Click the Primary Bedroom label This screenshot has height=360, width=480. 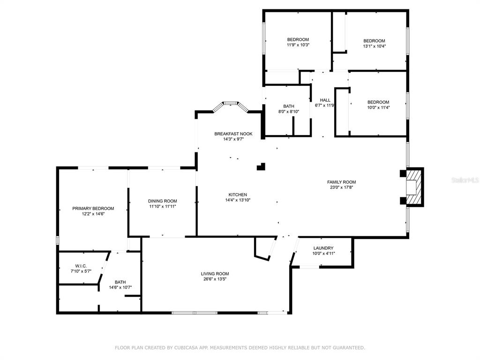pos(93,209)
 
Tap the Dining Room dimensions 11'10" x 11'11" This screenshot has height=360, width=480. pos(163,207)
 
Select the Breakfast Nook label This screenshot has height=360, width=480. pos(233,134)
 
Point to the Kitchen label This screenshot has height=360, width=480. pos(238,195)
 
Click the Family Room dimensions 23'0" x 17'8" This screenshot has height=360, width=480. pos(341,187)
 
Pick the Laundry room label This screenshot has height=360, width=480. pos(323,248)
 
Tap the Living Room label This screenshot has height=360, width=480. pos(215,274)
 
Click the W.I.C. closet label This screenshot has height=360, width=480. pos(81,266)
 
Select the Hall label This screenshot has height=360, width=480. pos(325,100)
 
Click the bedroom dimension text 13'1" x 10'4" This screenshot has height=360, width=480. pos(375,46)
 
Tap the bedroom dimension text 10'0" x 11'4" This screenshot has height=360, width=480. pos(378,107)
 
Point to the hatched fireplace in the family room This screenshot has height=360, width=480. pos(414,187)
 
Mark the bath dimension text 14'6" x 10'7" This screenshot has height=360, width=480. pos(120,287)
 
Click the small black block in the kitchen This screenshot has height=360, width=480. pos(261,166)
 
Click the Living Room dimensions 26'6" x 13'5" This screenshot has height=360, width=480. pos(215,279)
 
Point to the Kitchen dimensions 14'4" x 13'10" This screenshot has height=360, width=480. pos(238,200)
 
